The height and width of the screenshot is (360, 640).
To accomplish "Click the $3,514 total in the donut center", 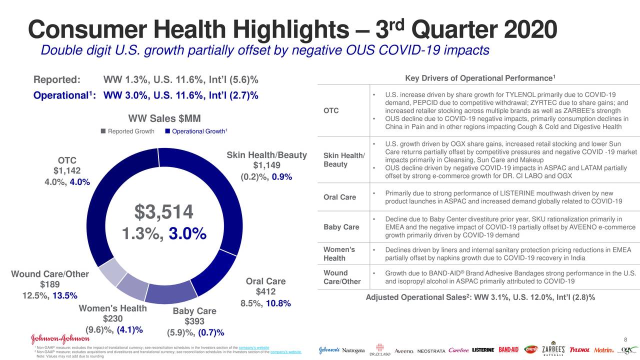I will tap(163, 212).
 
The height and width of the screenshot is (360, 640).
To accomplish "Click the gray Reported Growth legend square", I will tap(103, 131).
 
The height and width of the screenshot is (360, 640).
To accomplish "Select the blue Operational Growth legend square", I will tap(167, 131).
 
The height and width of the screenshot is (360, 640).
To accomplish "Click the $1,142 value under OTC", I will tap(66, 171).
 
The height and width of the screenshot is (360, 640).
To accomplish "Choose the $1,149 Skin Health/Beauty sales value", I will tap(266, 166).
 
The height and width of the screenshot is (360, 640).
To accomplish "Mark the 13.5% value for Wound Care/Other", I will tap(64, 295).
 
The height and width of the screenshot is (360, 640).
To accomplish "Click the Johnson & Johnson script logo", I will tap(60, 339).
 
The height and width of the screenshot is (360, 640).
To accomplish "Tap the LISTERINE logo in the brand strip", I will tap(483, 350).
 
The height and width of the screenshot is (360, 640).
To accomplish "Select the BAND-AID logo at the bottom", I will tap(508, 349).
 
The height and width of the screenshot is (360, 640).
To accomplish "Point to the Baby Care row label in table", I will tap(341, 227).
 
